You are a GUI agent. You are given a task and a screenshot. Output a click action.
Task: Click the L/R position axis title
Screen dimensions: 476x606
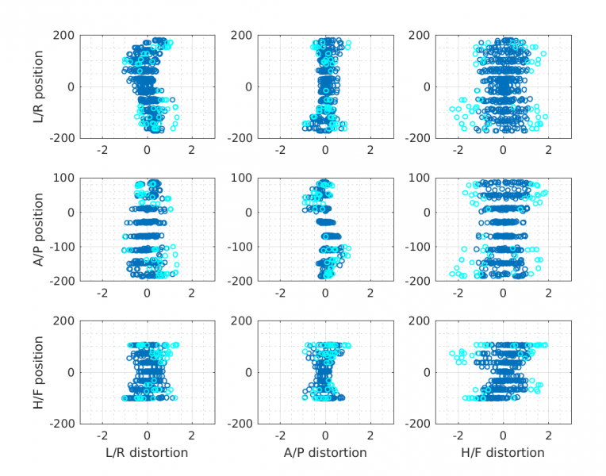[x=39, y=86]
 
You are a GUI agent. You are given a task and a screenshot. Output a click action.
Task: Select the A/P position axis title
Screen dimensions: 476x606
[x=39, y=228]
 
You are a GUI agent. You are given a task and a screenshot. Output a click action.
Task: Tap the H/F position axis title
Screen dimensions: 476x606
[x=39, y=371]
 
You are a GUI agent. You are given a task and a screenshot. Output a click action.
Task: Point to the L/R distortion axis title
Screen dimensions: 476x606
[x=147, y=453]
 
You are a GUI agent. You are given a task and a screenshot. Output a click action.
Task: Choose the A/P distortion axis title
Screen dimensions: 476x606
[x=325, y=453]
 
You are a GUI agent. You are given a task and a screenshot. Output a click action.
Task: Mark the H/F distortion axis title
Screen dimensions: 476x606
[x=503, y=453]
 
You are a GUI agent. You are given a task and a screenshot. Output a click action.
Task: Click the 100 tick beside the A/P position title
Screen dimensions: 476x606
[x=64, y=178]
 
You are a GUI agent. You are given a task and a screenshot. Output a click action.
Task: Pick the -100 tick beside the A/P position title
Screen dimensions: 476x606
[x=63, y=247]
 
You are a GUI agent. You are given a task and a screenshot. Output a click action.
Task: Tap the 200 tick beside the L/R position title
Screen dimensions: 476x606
[x=64, y=36]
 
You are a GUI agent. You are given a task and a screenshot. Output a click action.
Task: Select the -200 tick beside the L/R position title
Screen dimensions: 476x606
[x=63, y=138]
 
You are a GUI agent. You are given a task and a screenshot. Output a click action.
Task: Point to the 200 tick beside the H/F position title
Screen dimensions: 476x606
[x=64, y=321]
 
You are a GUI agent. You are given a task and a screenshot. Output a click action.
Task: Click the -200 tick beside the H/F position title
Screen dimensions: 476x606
[x=63, y=424]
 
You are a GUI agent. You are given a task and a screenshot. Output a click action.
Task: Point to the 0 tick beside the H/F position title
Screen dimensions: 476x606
[x=71, y=372]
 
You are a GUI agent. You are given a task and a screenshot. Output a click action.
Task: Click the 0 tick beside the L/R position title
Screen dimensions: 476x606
[x=71, y=86]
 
